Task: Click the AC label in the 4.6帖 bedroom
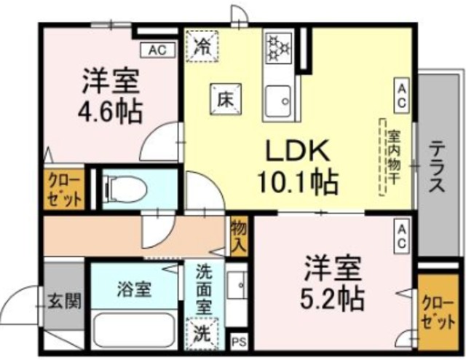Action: click(157, 50)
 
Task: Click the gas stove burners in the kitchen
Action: click(277, 48)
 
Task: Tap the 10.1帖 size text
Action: click(296, 182)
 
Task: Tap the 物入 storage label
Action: click(238, 238)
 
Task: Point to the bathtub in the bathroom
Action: click(135, 331)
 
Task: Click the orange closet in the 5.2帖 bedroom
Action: click(438, 312)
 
